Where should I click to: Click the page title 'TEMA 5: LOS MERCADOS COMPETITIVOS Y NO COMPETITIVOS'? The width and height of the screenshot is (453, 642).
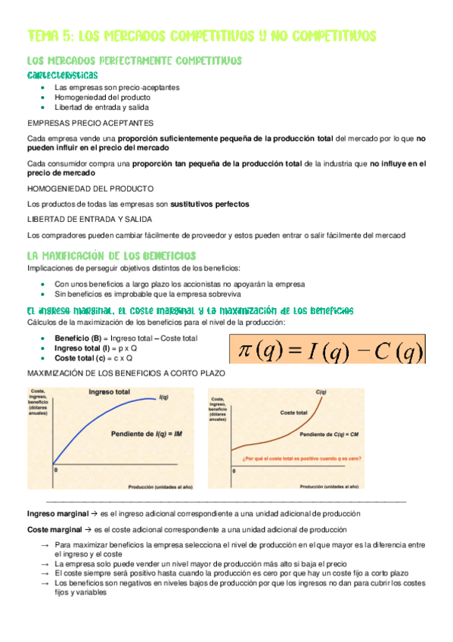[x=201, y=36]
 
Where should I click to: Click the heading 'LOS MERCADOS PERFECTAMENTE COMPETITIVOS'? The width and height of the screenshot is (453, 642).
[x=134, y=61]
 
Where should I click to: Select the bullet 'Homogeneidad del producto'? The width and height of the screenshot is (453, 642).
[x=102, y=97]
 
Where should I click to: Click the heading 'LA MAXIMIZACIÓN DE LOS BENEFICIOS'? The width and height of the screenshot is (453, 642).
[x=111, y=256]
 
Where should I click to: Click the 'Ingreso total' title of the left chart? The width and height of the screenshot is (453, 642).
[x=109, y=392]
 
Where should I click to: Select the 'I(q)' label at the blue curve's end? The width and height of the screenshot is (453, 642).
[x=163, y=398]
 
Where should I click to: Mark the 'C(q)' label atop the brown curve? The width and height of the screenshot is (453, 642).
[x=320, y=391]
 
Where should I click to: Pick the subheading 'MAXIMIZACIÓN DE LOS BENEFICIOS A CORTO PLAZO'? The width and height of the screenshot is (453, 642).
[x=125, y=374]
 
